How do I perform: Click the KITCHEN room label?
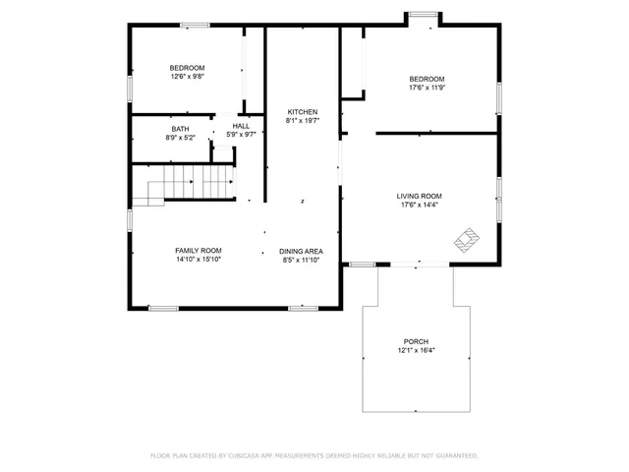click(302, 111)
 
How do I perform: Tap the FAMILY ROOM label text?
click(199, 251)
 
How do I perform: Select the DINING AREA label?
click(302, 251)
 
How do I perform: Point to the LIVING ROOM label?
click(420, 196)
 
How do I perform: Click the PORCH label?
click(417, 341)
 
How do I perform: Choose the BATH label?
click(180, 129)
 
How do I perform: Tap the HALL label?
click(241, 126)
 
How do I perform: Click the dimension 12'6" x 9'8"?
click(187, 77)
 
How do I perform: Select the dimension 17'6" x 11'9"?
click(427, 88)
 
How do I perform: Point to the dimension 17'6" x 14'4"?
click(420, 206)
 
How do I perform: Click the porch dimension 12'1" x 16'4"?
click(417, 350)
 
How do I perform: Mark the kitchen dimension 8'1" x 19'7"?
click(302, 121)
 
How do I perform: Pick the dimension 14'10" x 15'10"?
click(199, 261)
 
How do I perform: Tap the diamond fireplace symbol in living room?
click(466, 237)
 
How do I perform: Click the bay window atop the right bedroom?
click(423, 14)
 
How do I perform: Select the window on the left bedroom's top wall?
click(195, 25)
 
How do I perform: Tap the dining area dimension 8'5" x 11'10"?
click(302, 261)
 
